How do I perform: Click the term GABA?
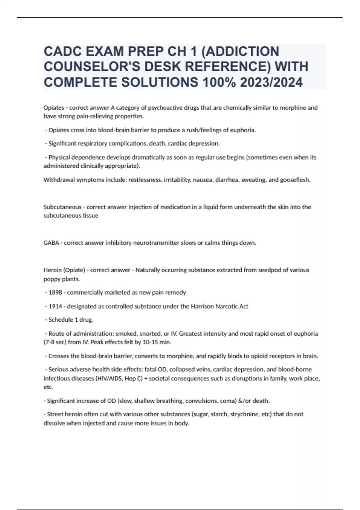point(51,243)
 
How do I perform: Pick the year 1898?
point(55,292)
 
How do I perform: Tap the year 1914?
point(55,306)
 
